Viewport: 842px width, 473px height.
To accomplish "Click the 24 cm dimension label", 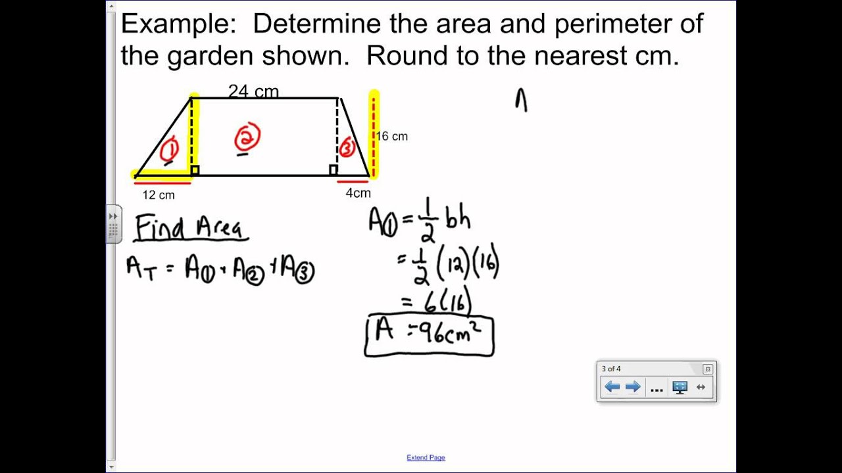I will point(253,91).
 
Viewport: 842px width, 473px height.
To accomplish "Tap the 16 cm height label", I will point(392,137).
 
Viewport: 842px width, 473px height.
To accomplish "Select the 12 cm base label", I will point(159,195).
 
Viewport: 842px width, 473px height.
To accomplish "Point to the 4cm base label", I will point(358,193).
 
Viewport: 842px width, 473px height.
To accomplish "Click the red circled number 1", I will point(169,150).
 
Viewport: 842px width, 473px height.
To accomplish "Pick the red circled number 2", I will point(247,139).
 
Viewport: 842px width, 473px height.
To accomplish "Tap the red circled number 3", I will point(347,148).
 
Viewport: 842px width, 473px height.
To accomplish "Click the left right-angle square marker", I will point(195,171).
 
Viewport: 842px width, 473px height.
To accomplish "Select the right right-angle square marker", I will point(334,171).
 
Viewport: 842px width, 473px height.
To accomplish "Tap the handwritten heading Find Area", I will point(189,229).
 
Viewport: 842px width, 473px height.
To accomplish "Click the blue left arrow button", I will point(612,387).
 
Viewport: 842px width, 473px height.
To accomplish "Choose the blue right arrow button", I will point(633,387).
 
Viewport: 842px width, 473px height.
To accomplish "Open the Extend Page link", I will point(426,458).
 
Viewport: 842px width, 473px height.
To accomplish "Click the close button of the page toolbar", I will point(708,369).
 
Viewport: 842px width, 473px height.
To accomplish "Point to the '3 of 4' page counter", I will point(611,369).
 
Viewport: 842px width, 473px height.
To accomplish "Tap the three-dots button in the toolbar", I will point(656,388).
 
